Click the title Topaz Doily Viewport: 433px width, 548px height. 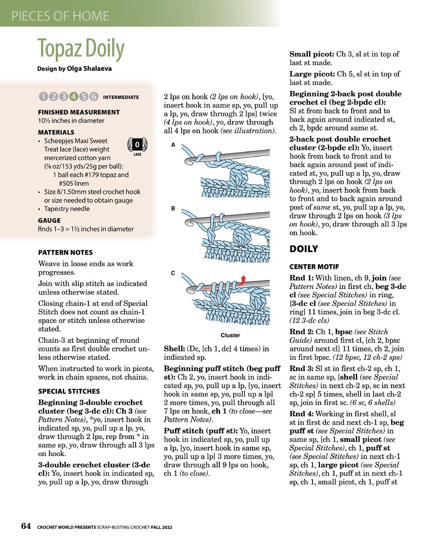point(81,49)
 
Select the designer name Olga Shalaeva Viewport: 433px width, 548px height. point(89,69)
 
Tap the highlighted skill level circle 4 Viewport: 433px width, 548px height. point(73,97)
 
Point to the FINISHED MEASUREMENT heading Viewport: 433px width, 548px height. point(78,112)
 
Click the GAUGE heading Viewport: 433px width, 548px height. point(49,220)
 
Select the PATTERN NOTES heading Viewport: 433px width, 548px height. point(65,253)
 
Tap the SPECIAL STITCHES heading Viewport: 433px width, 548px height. point(69,391)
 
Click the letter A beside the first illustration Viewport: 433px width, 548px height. point(173,145)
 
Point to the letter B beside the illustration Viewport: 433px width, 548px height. point(173,209)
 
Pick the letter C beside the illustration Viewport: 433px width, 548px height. point(173,273)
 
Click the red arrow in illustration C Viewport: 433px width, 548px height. point(243,279)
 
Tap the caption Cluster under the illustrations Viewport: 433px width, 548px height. point(230,335)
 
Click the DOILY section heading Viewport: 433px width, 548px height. point(304,249)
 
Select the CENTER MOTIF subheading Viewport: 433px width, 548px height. point(314,267)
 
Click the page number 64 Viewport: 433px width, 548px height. point(26,526)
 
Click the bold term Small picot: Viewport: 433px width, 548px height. point(312,54)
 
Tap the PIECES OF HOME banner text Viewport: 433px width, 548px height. point(60,16)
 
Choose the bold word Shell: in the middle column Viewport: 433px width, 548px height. point(174,349)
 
